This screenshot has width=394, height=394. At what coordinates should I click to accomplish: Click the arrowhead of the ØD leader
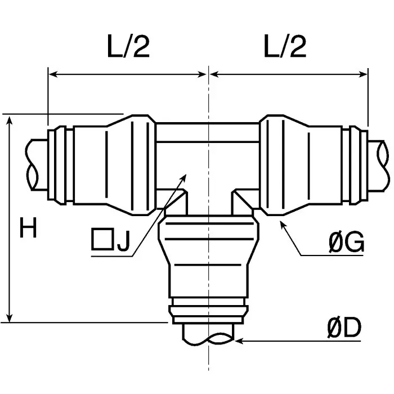(238, 340)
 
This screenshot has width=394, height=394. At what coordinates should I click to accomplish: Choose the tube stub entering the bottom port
(208, 334)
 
